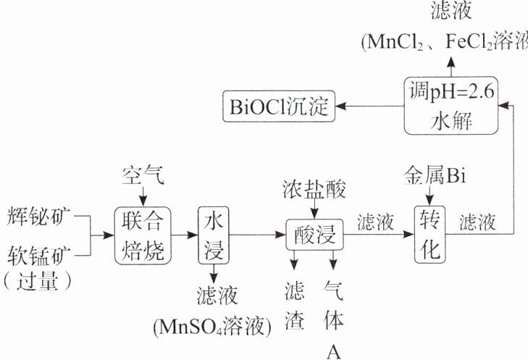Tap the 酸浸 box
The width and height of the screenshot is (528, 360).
313,233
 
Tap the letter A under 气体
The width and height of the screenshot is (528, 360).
333,351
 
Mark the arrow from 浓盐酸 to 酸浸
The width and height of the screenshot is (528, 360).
313,209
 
